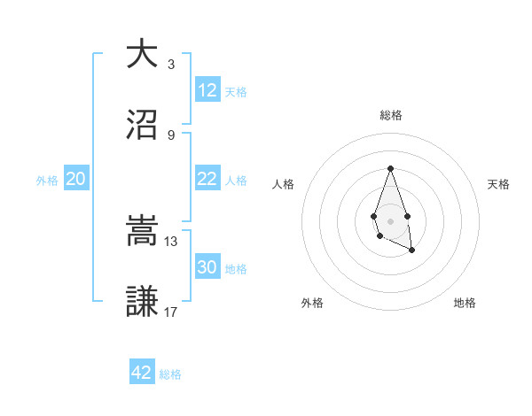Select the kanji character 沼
(x=142, y=126)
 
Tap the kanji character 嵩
(x=142, y=231)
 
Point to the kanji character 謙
(x=142, y=303)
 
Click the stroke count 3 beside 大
(x=171, y=64)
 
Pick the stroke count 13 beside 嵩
(x=171, y=241)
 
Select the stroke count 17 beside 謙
(x=171, y=312)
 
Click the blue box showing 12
(x=207, y=90)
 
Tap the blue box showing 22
(x=207, y=179)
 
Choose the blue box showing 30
(x=207, y=267)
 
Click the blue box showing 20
(x=76, y=179)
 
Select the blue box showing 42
(x=142, y=373)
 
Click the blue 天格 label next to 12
(x=235, y=92)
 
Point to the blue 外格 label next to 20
(x=47, y=181)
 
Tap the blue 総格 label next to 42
(x=170, y=374)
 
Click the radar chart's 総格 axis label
(x=391, y=115)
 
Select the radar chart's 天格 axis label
(x=499, y=184)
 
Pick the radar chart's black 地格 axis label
(x=465, y=303)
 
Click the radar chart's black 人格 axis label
(x=283, y=184)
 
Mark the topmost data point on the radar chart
(x=390, y=168)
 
